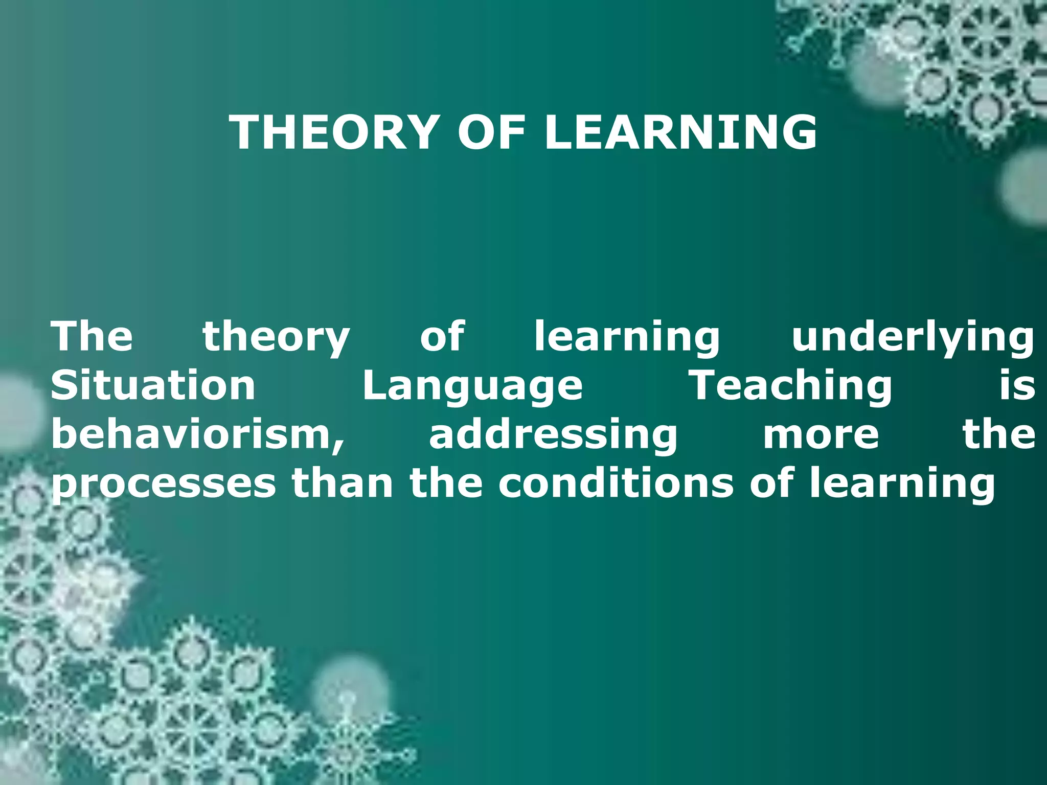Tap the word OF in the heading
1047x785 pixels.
point(491,132)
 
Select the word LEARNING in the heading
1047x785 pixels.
point(680,132)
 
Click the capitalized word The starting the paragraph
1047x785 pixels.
point(92,336)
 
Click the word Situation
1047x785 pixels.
point(153,385)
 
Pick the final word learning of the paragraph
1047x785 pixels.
point(903,483)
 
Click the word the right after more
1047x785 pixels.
point(999,434)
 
